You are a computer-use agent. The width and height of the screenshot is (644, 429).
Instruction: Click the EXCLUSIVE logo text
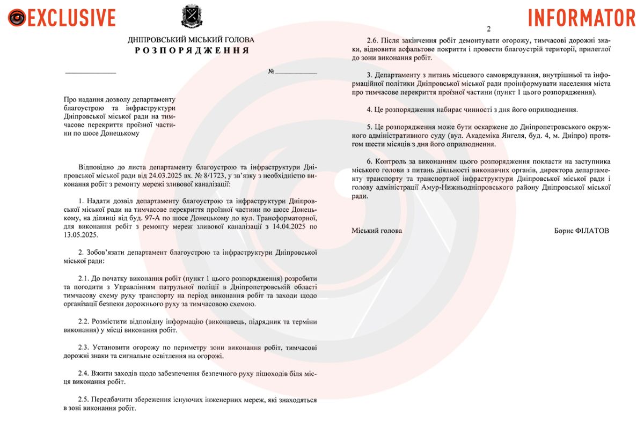71,18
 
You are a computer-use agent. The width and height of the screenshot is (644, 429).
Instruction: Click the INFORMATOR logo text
582,18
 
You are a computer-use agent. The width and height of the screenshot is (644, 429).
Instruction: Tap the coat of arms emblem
191,17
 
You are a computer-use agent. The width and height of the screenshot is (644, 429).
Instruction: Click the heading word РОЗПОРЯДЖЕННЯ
192,50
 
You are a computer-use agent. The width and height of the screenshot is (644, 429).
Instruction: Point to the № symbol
272,72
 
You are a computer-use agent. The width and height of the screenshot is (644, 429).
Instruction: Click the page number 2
488,29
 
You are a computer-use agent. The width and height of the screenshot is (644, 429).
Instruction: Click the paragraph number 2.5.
85,400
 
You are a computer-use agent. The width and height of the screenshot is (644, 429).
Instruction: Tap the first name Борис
565,231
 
